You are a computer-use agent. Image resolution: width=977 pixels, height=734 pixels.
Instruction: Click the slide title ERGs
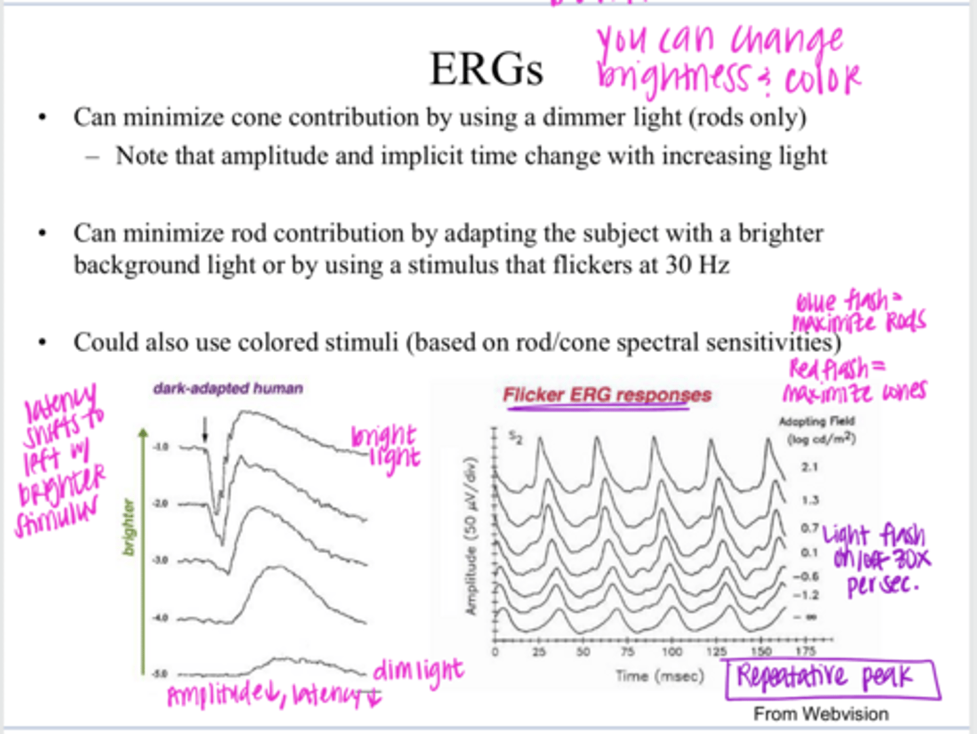point(486,69)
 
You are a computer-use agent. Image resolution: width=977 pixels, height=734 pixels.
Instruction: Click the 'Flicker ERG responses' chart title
point(607,395)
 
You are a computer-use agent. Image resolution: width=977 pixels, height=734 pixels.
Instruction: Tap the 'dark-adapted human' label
point(228,389)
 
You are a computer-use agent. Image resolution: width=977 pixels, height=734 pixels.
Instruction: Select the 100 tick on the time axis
point(672,652)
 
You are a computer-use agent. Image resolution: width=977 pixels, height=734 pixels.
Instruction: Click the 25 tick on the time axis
point(539,652)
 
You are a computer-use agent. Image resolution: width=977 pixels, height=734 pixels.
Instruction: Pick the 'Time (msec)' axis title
point(659,676)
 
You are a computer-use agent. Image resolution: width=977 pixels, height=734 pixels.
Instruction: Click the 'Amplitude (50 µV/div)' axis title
point(473,536)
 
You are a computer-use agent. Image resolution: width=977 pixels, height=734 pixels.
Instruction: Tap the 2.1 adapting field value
point(809,467)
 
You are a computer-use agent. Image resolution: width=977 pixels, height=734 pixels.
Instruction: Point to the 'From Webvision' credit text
point(820,714)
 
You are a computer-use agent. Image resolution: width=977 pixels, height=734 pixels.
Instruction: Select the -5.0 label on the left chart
point(160,674)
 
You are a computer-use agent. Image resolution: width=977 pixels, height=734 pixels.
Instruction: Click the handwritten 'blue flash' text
point(841,301)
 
